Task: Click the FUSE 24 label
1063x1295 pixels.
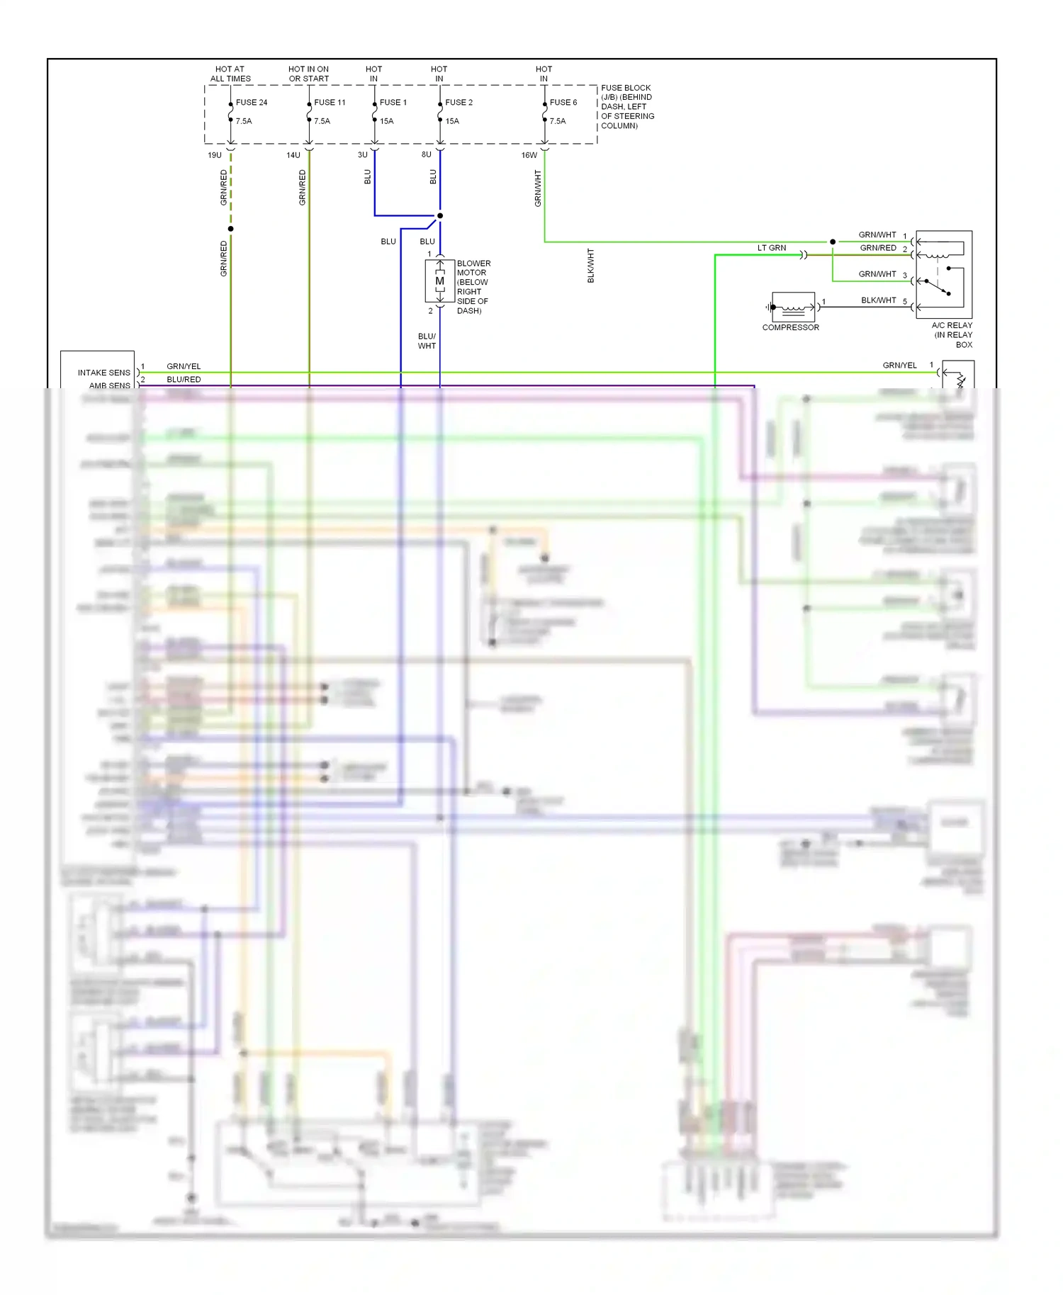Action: click(x=252, y=103)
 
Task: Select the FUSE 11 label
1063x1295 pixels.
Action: click(x=330, y=103)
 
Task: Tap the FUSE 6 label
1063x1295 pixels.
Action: click(x=563, y=103)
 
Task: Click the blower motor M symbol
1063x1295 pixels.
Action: click(x=440, y=281)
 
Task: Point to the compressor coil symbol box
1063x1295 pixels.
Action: click(x=793, y=307)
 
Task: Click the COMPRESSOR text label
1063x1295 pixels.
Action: click(x=790, y=327)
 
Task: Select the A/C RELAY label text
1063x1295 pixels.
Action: click(x=952, y=326)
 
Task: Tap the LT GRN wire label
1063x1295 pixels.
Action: click(x=771, y=248)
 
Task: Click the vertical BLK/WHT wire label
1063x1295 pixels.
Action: click(x=591, y=266)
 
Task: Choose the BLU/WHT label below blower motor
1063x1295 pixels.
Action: click(x=427, y=341)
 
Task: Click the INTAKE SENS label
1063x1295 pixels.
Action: click(x=104, y=373)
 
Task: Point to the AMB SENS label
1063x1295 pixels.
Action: click(x=110, y=385)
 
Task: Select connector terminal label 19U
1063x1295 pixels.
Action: click(x=215, y=155)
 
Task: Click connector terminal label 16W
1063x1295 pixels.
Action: click(x=529, y=155)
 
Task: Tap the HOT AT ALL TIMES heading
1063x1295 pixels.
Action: click(x=230, y=74)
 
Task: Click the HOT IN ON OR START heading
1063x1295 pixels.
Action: click(x=308, y=74)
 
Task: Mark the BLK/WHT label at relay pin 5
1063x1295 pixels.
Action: click(x=879, y=300)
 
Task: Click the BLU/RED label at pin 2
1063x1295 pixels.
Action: click(x=184, y=380)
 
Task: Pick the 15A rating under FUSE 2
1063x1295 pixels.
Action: click(x=452, y=121)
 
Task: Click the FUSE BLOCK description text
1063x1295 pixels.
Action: click(x=627, y=107)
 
